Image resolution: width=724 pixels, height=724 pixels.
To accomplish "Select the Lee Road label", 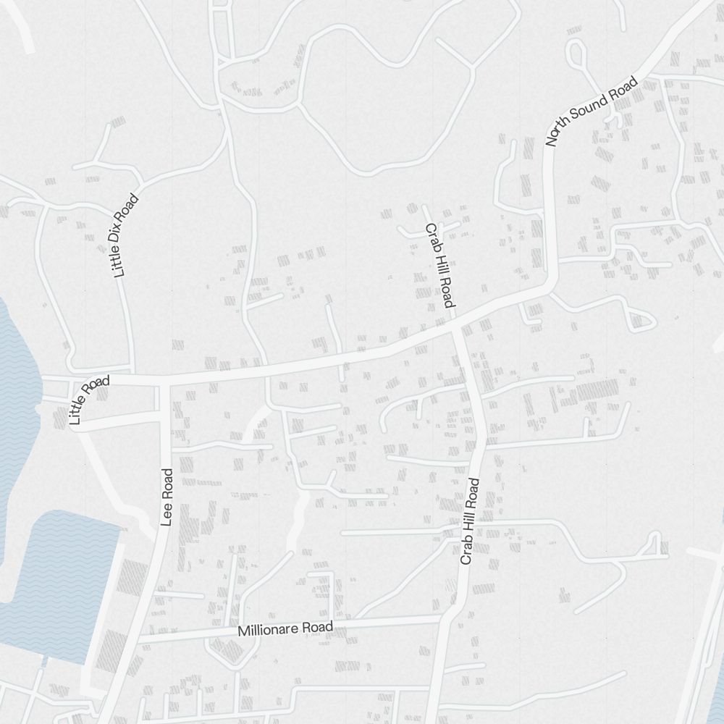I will tap(168, 497).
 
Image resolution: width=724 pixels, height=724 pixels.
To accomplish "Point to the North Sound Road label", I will tap(592, 111).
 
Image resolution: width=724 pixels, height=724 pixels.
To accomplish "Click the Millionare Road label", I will tap(285, 629).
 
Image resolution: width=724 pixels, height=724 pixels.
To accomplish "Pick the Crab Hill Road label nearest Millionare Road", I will tap(470, 521).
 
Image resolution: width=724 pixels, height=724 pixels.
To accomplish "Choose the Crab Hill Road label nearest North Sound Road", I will tap(439, 266).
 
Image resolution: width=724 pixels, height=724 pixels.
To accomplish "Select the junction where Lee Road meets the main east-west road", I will tap(165, 379).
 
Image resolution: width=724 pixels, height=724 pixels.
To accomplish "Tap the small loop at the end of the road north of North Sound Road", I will tap(576, 51).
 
